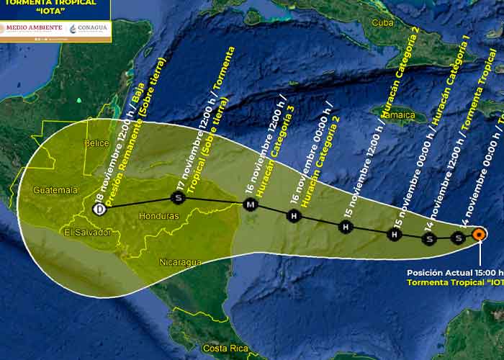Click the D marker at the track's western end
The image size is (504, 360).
coord(99,210)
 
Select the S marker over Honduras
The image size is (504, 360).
coord(178,197)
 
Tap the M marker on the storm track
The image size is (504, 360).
coord(250,206)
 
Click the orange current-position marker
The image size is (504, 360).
coord(480,233)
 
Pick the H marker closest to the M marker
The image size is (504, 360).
coord(293,215)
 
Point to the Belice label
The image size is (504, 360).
coord(96,143)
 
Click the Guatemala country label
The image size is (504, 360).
coord(55,190)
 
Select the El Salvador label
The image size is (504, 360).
coord(87,232)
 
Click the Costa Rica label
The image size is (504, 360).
coord(224,348)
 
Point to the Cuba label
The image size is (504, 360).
coord(384,23)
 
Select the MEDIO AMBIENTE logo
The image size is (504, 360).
coord(34,29)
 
